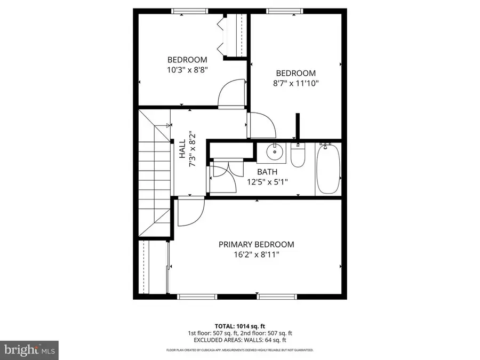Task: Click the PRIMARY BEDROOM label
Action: [x=256, y=244]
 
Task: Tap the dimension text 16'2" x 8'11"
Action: [x=256, y=255]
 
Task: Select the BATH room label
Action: [x=267, y=172]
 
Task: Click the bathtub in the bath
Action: [x=328, y=170]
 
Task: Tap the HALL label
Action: [x=182, y=149]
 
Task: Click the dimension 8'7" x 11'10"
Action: [x=295, y=83]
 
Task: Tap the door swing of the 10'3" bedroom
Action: [x=231, y=94]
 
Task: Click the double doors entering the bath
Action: [x=223, y=177]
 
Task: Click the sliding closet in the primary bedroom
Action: [x=154, y=267]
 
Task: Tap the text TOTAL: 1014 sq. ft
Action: [x=239, y=325]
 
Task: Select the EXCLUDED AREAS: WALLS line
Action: [x=239, y=340]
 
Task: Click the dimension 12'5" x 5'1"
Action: [x=267, y=181]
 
